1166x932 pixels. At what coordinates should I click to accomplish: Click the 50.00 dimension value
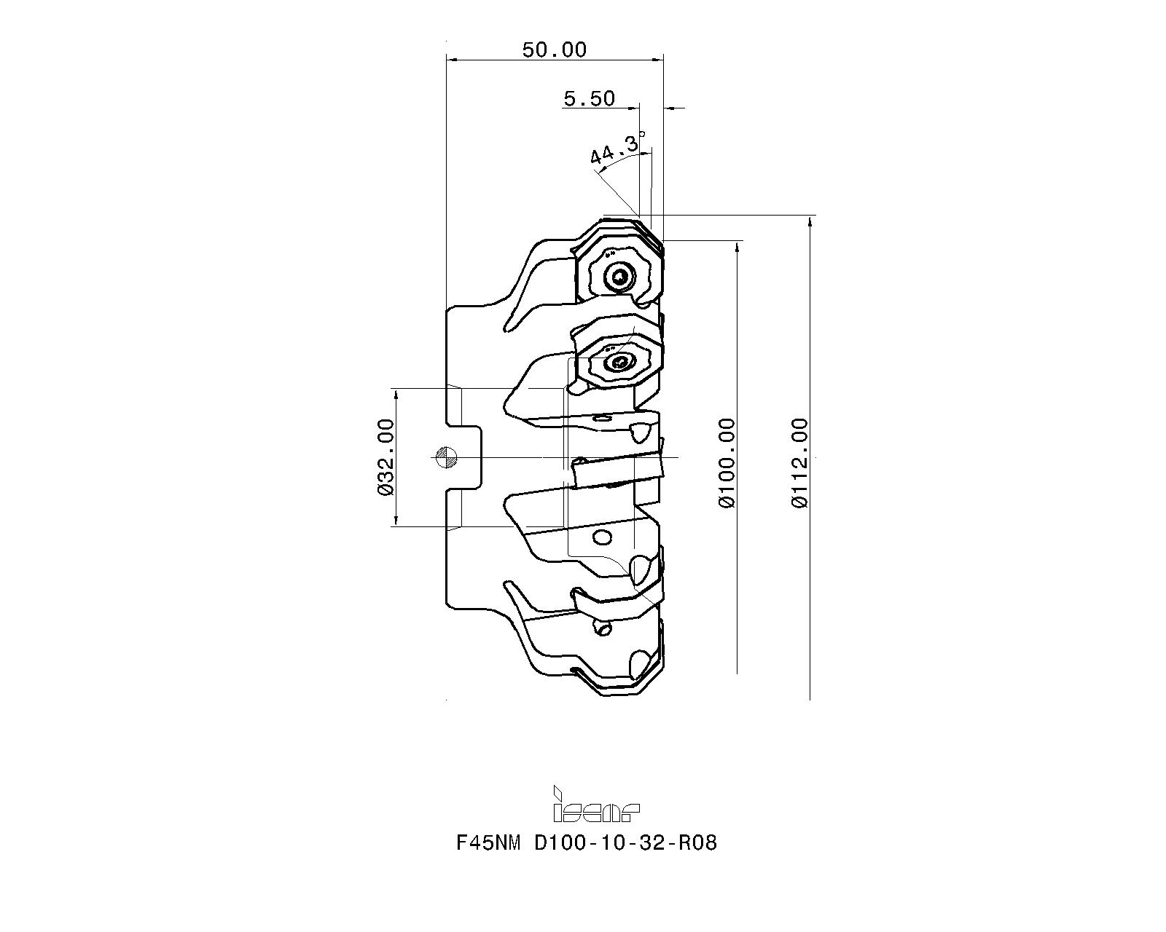point(555,50)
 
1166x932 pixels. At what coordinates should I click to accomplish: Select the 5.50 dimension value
point(589,98)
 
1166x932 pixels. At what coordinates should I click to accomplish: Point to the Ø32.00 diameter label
point(386,457)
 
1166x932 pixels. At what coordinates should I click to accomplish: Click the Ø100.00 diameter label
point(727,463)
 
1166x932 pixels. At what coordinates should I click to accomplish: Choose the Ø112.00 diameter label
point(799,463)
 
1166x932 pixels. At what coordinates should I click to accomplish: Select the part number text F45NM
point(488,843)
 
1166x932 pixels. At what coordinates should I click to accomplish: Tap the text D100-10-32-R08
point(625,843)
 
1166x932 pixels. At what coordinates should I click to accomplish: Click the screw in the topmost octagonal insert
point(619,278)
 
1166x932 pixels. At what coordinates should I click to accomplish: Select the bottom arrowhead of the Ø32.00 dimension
point(396,520)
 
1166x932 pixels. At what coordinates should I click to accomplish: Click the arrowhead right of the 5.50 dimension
point(670,108)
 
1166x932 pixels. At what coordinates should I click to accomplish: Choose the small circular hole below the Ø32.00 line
point(603,537)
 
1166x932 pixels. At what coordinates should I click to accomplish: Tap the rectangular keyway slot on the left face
point(463,457)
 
